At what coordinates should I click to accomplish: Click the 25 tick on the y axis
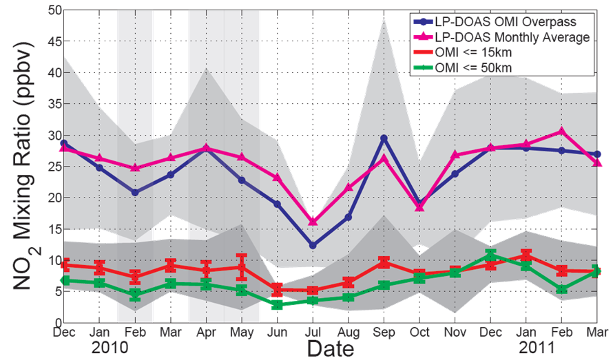tap(52, 167)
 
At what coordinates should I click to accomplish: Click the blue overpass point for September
tap(384, 138)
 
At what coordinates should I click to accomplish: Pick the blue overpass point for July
tap(313, 245)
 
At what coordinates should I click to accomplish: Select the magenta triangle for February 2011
tap(561, 131)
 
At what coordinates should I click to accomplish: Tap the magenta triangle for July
tap(313, 222)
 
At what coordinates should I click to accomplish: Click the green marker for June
tap(277, 304)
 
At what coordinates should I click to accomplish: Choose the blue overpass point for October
tap(419, 203)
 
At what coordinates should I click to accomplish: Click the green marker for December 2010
tap(490, 254)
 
